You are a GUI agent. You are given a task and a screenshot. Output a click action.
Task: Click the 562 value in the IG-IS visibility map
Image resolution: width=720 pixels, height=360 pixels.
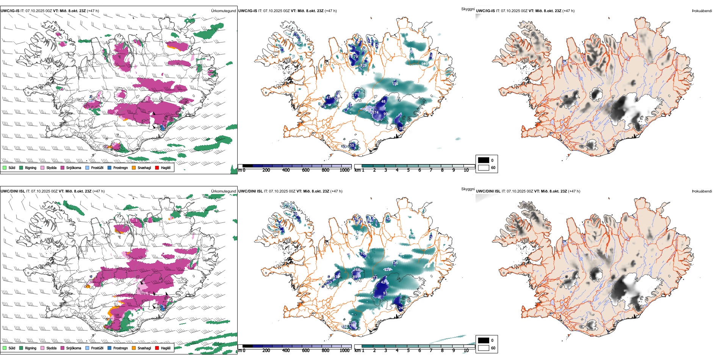pyautogui.click(x=368, y=110)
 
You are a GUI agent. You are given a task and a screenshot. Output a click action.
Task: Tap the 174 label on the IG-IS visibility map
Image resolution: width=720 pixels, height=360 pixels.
pyautogui.click(x=376, y=112)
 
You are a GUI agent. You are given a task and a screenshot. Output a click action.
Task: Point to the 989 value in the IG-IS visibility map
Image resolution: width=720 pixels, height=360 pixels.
pyautogui.click(x=424, y=64)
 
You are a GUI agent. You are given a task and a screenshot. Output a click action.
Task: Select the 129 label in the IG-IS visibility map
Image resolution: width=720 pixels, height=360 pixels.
pyautogui.click(x=364, y=66)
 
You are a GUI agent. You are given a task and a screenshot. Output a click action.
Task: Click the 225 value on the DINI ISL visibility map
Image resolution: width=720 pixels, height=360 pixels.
pyautogui.click(x=388, y=270)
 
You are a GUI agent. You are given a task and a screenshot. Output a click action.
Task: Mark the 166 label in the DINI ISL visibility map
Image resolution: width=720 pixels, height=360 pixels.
pyautogui.click(x=357, y=270)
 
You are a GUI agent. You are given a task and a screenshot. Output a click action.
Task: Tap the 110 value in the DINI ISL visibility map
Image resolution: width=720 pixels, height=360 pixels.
pyautogui.click(x=352, y=325)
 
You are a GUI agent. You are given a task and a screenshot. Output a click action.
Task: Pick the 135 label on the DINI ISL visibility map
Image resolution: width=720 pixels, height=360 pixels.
pyautogui.click(x=395, y=263)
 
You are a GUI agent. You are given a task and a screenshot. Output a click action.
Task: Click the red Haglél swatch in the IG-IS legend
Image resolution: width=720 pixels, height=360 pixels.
pyautogui.click(x=157, y=167)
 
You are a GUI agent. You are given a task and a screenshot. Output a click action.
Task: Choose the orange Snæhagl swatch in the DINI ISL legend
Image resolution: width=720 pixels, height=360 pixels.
pyautogui.click(x=134, y=348)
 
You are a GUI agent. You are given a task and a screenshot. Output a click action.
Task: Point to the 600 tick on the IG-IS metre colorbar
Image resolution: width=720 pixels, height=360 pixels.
pyautogui.click(x=306, y=170)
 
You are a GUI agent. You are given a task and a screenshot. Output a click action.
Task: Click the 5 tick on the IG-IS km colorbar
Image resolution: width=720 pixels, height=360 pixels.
pyautogui.click(x=409, y=170)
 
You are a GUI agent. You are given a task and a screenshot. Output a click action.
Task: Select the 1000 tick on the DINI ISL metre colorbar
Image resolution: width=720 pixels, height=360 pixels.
pyautogui.click(x=344, y=351)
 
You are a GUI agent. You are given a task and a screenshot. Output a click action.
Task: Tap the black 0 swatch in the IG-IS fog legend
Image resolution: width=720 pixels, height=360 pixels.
pyautogui.click(x=484, y=160)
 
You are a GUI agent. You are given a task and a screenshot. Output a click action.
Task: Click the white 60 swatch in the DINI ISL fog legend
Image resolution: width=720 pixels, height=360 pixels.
pyautogui.click(x=484, y=348)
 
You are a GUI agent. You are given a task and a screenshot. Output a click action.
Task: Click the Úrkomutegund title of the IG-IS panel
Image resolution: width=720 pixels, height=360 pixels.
pyautogui.click(x=223, y=11)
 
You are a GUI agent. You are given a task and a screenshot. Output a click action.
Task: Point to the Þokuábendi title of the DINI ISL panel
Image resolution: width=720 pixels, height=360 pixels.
pyautogui.click(x=702, y=191)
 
